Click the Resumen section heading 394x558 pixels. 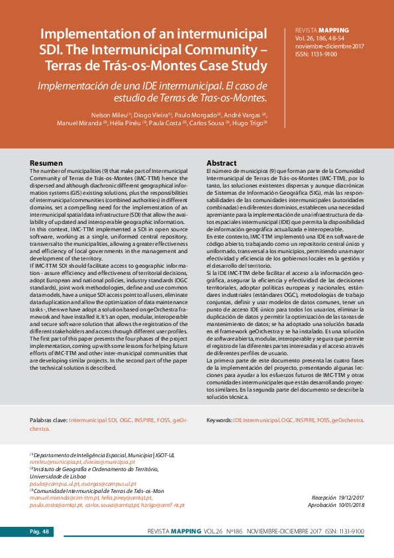click(x=47, y=163)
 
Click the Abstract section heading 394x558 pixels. click(x=221, y=163)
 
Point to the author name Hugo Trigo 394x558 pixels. click(x=250, y=123)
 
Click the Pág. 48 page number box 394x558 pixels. click(x=39, y=531)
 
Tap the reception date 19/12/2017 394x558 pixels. click(x=352, y=496)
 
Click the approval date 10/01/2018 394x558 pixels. click(x=352, y=504)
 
